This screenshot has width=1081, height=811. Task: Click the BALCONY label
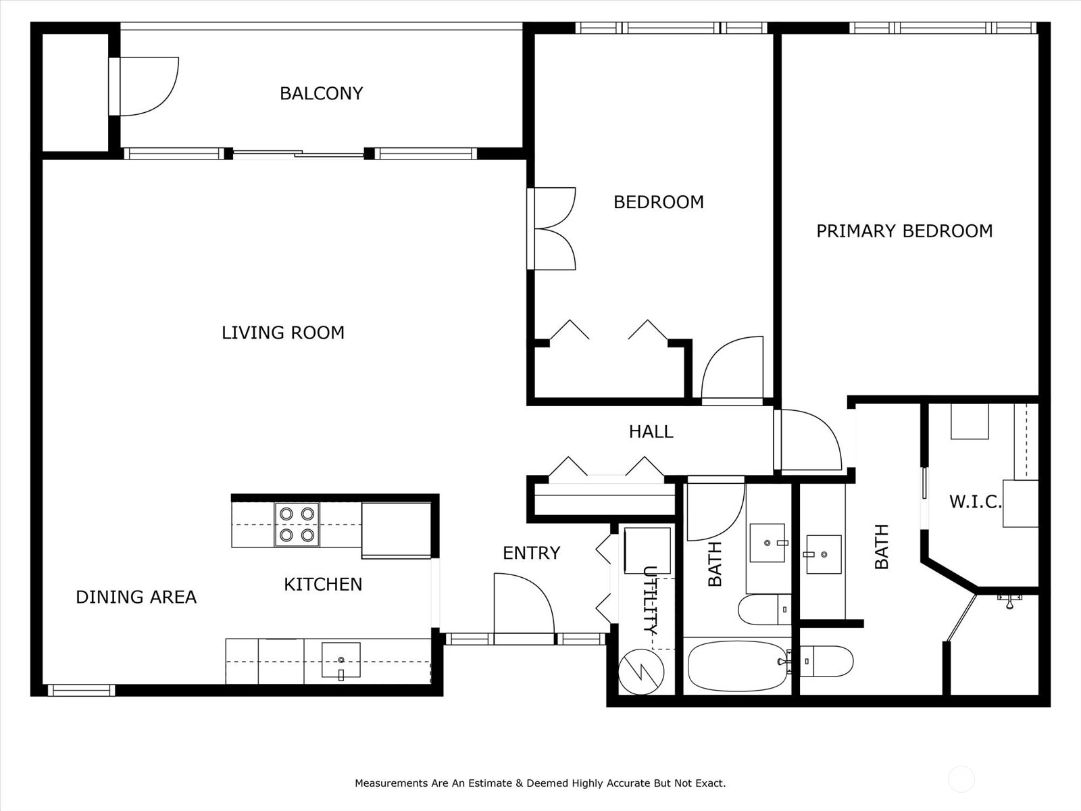(321, 93)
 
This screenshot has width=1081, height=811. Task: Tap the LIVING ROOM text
(282, 333)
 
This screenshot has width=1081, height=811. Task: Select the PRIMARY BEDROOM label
(904, 231)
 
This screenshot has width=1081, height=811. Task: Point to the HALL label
(651, 432)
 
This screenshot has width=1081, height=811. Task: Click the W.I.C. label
(975, 501)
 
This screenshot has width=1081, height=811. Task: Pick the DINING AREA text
(136, 597)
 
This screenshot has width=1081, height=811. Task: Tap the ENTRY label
(532, 554)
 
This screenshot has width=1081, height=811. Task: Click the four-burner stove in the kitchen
(297, 524)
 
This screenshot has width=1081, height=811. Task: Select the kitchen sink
(341, 660)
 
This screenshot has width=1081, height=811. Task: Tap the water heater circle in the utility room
(640, 672)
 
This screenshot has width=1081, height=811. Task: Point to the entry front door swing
(524, 604)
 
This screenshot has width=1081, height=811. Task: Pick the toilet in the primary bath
(826, 662)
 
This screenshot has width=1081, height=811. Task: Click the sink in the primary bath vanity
(824, 554)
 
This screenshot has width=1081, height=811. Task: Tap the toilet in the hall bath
(764, 609)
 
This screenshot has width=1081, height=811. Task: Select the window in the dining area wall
(81, 690)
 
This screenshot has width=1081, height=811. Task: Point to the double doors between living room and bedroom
(554, 228)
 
